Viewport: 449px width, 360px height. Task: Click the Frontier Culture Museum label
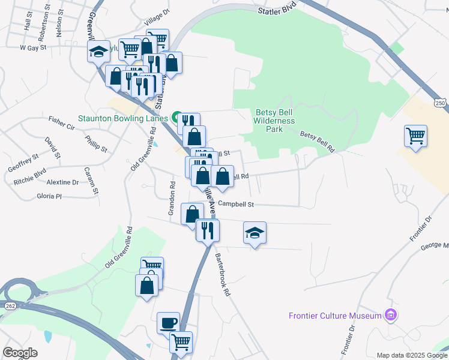pos(335,316)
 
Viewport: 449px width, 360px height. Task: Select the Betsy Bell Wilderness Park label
pos(275,121)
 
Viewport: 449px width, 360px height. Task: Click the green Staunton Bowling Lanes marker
pos(177,118)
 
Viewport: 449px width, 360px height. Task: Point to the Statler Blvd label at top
pos(277,11)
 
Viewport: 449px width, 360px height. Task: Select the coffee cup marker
pos(168,323)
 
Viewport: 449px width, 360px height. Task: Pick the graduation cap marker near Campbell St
pos(255,233)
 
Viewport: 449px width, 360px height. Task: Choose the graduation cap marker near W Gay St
pos(98,52)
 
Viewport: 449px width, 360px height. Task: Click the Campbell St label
pos(236,204)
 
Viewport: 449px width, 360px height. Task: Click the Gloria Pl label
pos(49,196)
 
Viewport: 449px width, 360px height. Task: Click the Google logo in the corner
pos(20,353)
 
